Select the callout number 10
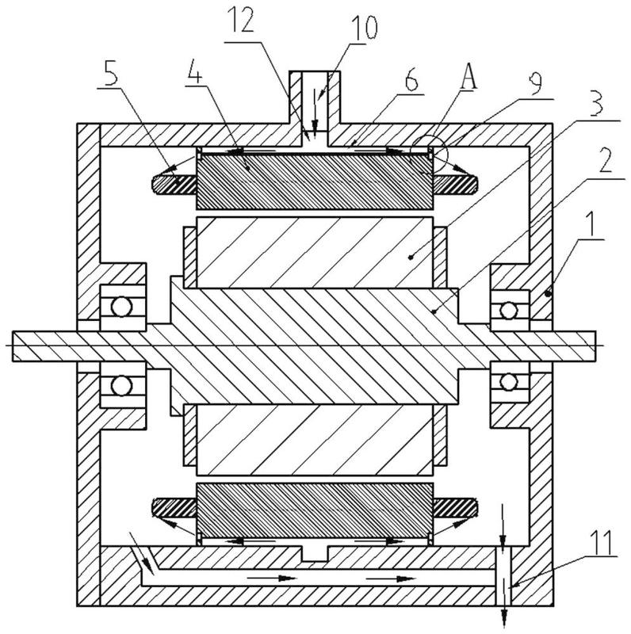pyautogui.click(x=364, y=28)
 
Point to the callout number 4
pyautogui.click(x=194, y=72)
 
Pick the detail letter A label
pyautogui.click(x=468, y=75)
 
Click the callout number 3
pyautogui.click(x=596, y=103)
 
